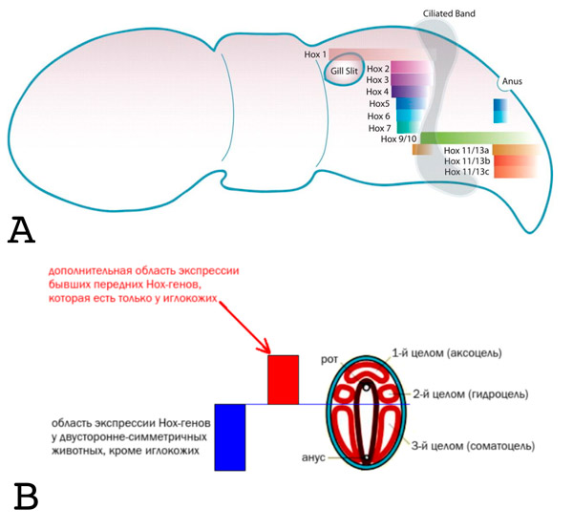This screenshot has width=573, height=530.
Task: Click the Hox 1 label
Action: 315,54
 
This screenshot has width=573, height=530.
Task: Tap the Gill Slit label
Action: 344,71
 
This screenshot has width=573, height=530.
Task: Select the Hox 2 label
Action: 378,69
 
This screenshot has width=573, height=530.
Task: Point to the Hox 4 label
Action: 378,91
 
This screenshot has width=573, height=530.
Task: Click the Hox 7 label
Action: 378,127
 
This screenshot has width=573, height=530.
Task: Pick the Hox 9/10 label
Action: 399,139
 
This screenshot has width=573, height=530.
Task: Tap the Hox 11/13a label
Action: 467,151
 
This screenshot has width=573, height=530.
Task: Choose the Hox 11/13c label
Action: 467,172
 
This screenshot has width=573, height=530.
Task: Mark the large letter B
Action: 27,498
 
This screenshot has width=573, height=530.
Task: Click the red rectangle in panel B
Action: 283,379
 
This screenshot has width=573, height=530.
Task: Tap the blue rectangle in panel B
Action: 231,436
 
